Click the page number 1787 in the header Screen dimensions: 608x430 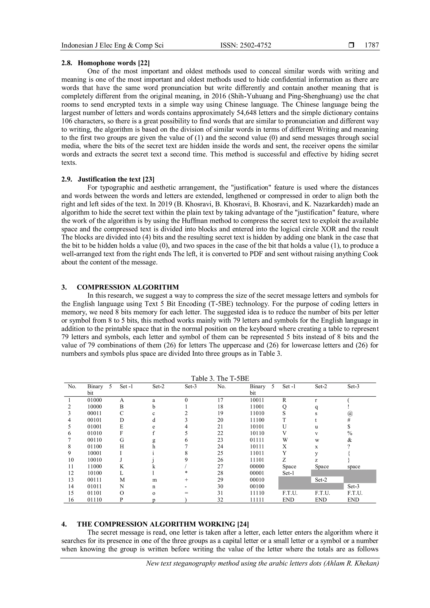(372, 45)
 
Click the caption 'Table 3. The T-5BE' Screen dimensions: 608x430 (220, 378)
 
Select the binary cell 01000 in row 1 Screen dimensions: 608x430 (94, 400)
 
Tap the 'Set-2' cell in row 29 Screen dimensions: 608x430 (321, 480)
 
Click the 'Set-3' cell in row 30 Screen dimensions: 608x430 (353, 486)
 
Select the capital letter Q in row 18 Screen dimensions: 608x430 (284, 407)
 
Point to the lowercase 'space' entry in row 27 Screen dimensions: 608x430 (354, 466)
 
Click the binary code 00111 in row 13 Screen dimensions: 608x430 (94, 480)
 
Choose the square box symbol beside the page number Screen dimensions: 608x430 (351, 46)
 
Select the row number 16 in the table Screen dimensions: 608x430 (71, 500)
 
